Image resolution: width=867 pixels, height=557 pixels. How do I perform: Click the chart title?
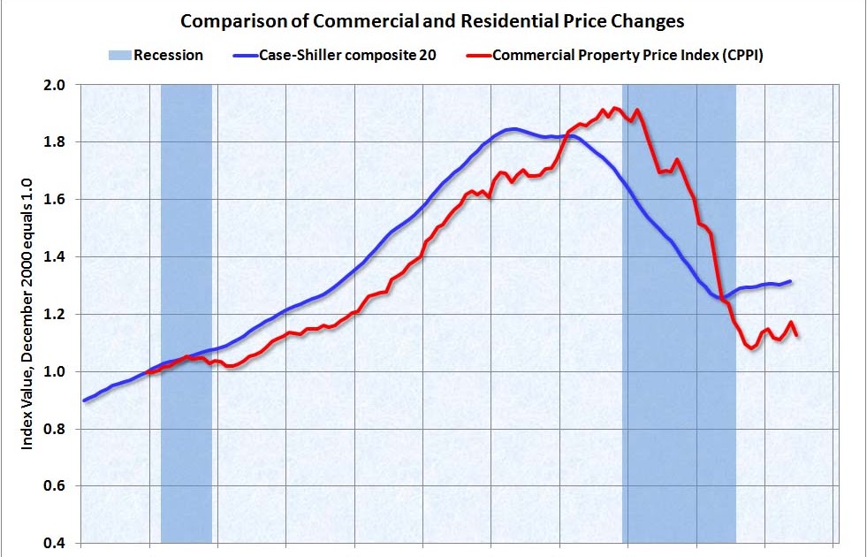point(432,19)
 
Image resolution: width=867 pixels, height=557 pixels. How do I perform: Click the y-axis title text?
point(27,314)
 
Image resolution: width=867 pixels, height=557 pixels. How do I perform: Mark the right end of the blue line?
point(790,281)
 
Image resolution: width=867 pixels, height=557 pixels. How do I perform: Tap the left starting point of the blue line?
point(84,401)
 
